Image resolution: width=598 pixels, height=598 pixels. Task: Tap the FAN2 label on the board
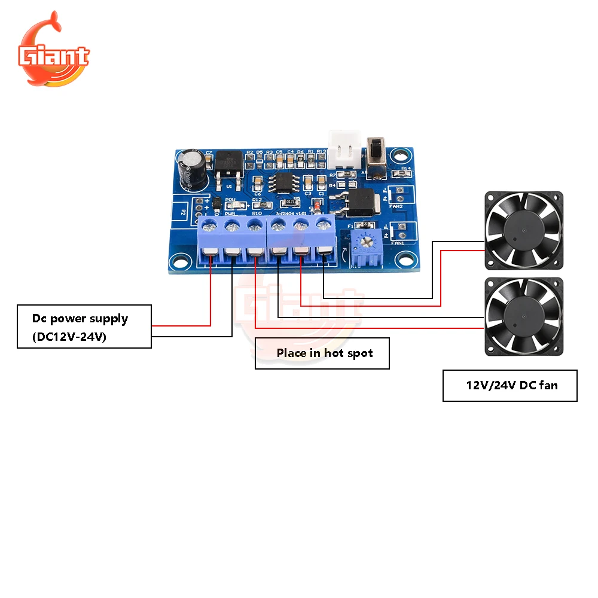396,206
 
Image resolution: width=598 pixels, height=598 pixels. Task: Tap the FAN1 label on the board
396,243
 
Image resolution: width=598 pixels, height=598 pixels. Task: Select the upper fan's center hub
523,229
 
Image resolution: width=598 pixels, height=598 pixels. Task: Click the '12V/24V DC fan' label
511,385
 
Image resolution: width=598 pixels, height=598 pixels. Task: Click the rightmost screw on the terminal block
324,225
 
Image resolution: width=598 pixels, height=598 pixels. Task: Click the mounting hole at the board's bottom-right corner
406,261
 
